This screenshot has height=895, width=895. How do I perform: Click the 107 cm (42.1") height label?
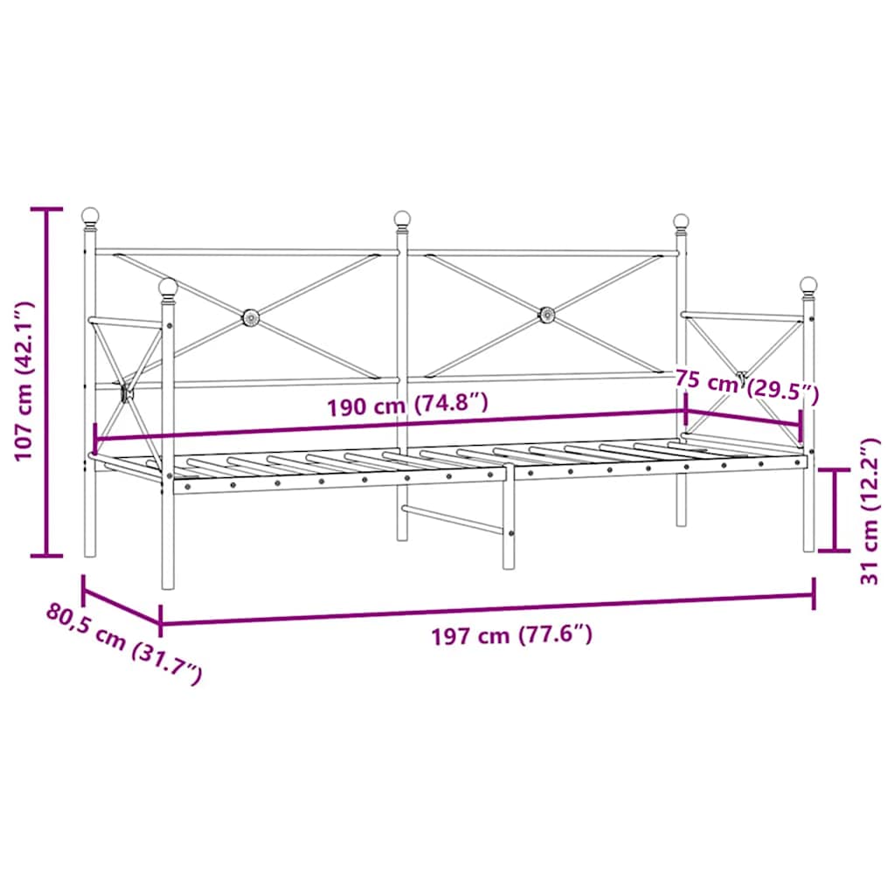click(24, 381)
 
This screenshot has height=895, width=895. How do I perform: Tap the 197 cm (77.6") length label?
click(512, 635)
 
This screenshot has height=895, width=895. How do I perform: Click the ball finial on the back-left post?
click(90, 215)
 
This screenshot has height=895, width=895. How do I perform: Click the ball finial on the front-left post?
click(168, 287)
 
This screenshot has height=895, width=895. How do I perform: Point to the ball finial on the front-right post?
click(808, 285)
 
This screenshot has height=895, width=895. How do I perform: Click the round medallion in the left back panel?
click(250, 316)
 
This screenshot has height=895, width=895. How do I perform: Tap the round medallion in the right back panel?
click(547, 313)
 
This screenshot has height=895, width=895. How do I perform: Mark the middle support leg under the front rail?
click(509, 524)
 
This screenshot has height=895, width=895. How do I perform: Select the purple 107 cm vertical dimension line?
click(47, 381)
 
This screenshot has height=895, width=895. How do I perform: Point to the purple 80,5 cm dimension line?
click(121, 606)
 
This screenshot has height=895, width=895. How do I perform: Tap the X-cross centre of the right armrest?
click(742, 378)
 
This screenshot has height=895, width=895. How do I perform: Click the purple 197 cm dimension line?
click(487, 609)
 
